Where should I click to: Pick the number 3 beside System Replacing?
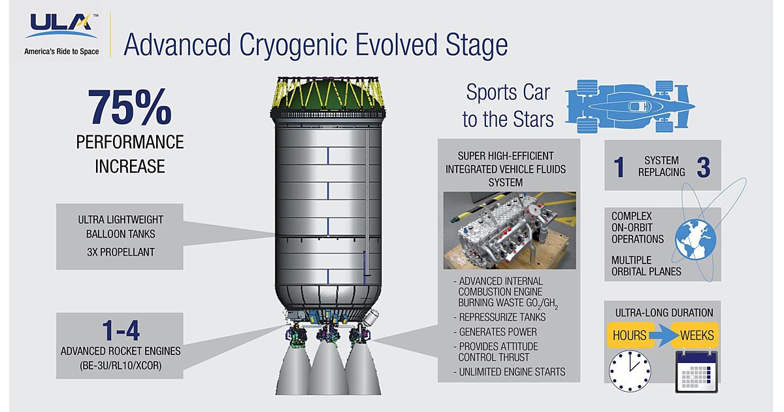pos(703,167)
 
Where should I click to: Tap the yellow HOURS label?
pos(629,335)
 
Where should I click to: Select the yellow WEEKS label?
pos(696,335)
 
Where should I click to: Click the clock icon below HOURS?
pos(630,371)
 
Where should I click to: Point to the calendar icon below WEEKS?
pos(696,371)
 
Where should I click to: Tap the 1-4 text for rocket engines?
pos(120,332)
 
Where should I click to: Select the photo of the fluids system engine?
pos(509,231)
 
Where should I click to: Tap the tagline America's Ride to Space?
pos(61,51)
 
